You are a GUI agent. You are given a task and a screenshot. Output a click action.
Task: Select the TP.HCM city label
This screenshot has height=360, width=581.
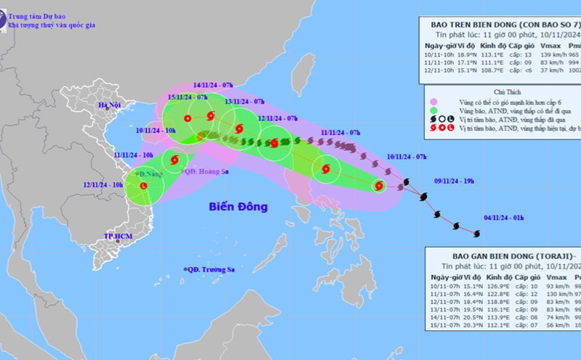(x=116, y=237)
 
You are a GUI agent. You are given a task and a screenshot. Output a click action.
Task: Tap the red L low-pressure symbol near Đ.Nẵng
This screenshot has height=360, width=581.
(x=143, y=186)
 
